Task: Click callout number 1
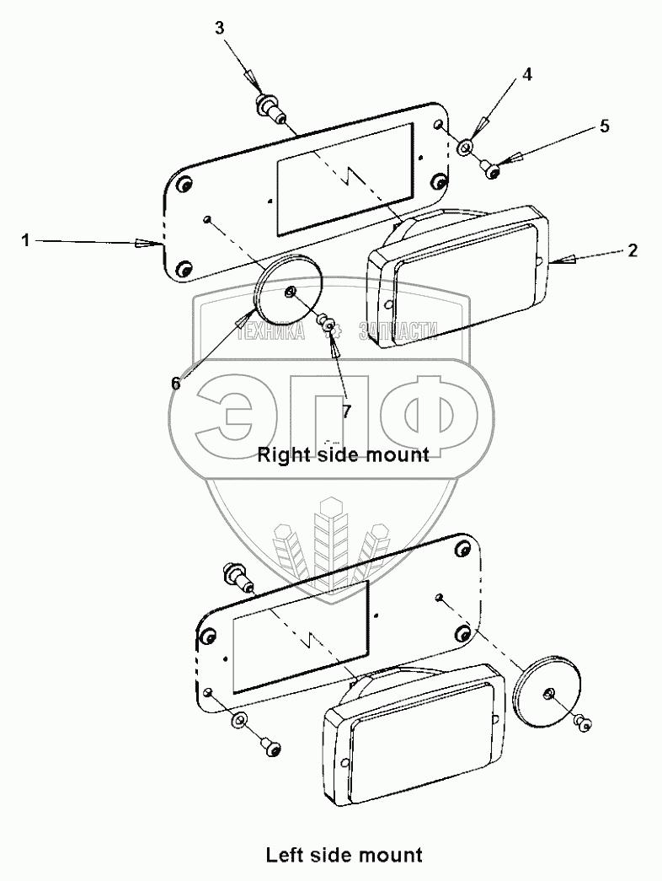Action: (26, 241)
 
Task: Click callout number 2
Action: (633, 250)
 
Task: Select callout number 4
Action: (526, 74)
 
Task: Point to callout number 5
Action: (604, 126)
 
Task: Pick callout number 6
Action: (176, 383)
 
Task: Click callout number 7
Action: (346, 411)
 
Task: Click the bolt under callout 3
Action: (268, 108)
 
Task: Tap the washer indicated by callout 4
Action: (466, 150)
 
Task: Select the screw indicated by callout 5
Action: (494, 171)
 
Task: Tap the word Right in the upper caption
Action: (278, 455)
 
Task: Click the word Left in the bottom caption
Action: (284, 856)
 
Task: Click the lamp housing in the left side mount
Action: (413, 733)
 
